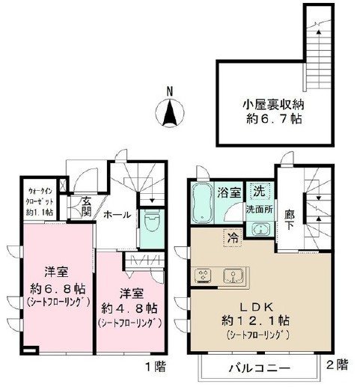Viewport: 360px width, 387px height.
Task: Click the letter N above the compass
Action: point(171,93)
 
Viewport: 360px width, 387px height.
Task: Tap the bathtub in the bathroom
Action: point(202,204)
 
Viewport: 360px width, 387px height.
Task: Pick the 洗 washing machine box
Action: point(256,190)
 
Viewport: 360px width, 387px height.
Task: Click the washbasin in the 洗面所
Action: point(258,228)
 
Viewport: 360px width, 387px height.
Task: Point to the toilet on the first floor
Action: point(152,226)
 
